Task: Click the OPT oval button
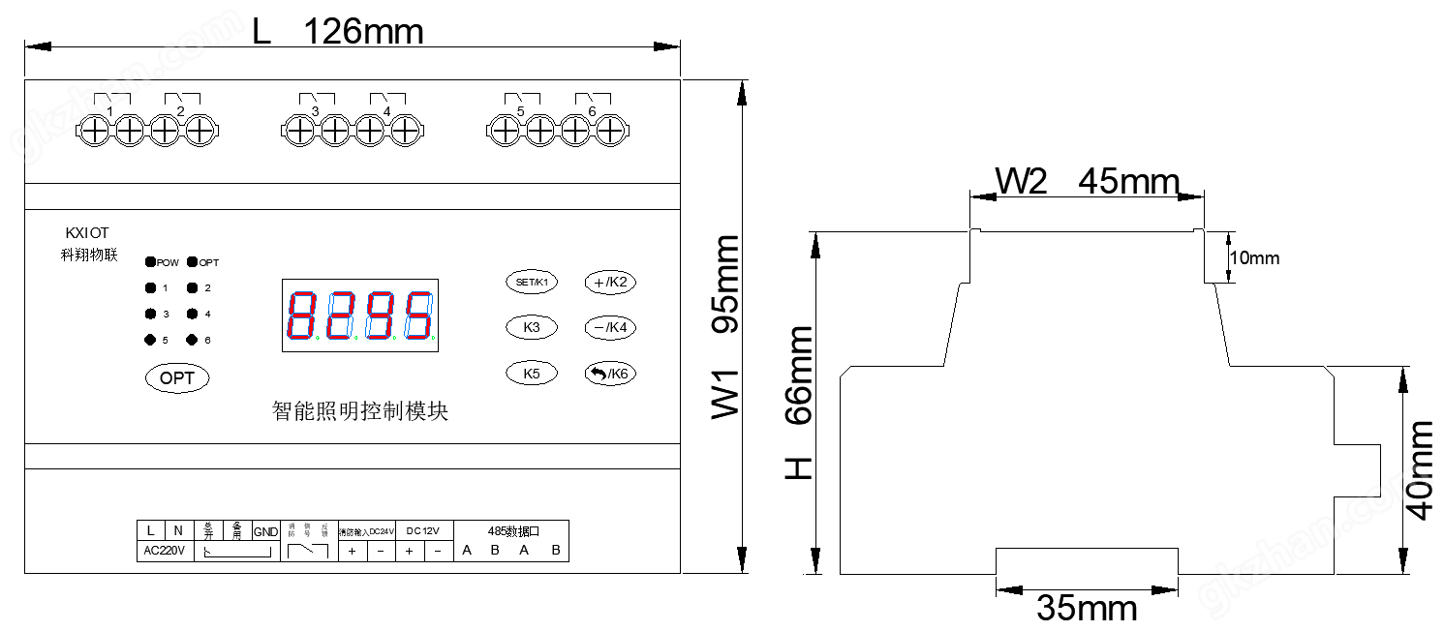[x=177, y=378]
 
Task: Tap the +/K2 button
[x=610, y=283]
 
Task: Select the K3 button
[x=531, y=328]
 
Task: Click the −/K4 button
[x=610, y=328]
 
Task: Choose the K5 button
[x=531, y=374]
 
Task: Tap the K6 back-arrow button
[x=610, y=374]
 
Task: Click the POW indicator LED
[x=151, y=262]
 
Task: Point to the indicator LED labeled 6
[x=192, y=340]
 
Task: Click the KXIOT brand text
[x=87, y=233]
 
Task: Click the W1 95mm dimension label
[x=726, y=327]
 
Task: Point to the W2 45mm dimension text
[x=1088, y=182]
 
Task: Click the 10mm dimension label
[x=1254, y=258]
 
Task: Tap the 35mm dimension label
[x=1087, y=608]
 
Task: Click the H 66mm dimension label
[x=798, y=403]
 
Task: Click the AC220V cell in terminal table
[x=164, y=552]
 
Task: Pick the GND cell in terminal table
[x=265, y=531]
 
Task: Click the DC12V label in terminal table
[x=423, y=530]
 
